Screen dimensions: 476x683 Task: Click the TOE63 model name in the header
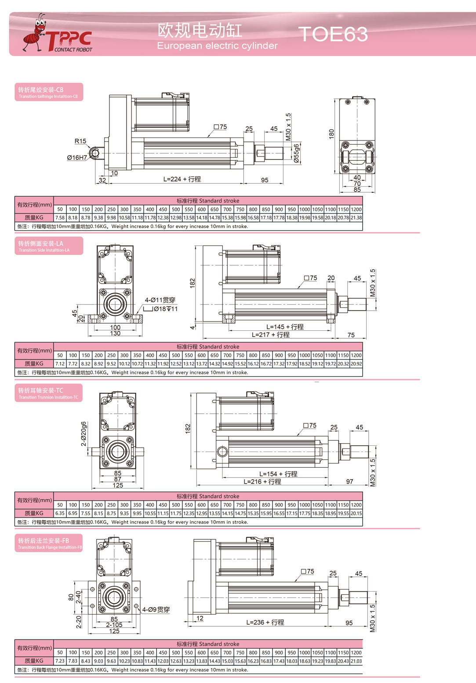[x=333, y=34]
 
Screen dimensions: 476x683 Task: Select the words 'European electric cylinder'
[x=217, y=46]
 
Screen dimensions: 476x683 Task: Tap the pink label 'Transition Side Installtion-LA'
[x=44, y=250]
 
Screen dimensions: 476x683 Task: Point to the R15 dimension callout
[x=80, y=141]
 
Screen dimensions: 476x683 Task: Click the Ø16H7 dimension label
[x=77, y=158]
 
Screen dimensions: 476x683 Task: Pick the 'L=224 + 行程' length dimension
[x=182, y=179]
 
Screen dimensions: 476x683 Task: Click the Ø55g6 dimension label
[x=296, y=153]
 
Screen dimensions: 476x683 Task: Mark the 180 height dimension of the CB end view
[x=331, y=134]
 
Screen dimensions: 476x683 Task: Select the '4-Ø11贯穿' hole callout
[x=160, y=300]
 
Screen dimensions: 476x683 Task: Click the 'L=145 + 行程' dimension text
[x=285, y=327]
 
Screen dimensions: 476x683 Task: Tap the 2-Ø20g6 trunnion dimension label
[x=84, y=434]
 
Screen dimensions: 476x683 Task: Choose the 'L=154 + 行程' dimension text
[x=278, y=474]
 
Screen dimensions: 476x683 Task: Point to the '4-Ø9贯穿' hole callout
[x=156, y=610]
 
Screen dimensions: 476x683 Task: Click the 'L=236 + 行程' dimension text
[x=265, y=622]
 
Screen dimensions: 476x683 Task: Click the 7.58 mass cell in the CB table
[x=60, y=218]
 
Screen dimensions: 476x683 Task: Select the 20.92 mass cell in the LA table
[x=356, y=364]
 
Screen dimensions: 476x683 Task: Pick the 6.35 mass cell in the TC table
[x=60, y=513]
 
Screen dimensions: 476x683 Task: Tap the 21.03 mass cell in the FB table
[x=356, y=661]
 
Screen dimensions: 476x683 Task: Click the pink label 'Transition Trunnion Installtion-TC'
[x=48, y=398]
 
